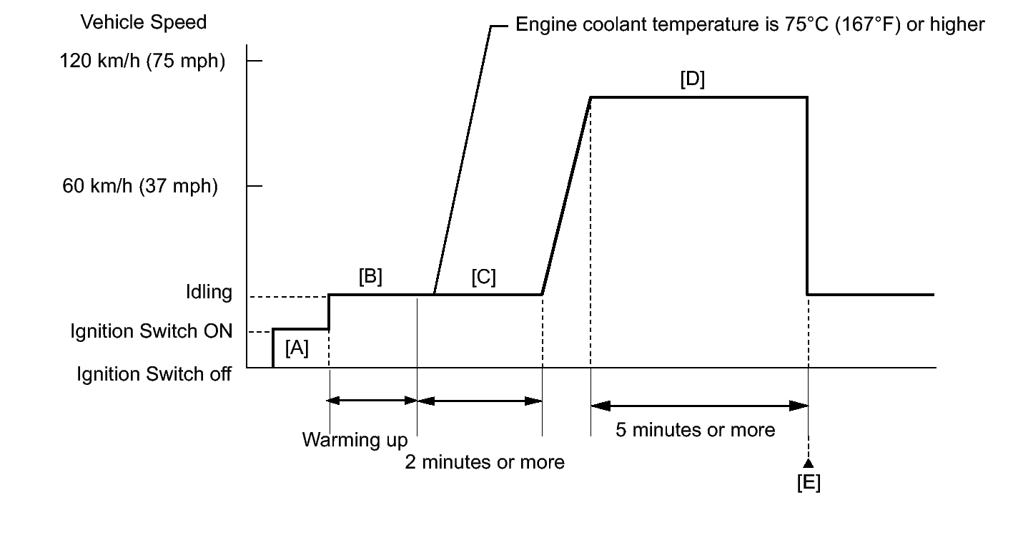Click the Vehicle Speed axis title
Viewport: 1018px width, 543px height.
144,22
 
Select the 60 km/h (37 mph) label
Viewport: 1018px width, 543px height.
140,187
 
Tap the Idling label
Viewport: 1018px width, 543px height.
207,293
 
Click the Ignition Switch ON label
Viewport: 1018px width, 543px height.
152,331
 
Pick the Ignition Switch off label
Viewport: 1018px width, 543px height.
154,373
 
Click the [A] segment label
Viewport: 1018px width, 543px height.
297,348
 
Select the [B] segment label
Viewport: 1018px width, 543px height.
370,277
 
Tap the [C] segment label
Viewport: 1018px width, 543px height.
483,277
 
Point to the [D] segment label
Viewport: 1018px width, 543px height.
692,79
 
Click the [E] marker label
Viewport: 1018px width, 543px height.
809,483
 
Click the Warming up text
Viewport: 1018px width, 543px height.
355,439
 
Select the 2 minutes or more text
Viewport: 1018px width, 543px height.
485,462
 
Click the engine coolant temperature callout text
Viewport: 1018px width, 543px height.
750,25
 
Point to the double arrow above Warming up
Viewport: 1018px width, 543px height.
372,401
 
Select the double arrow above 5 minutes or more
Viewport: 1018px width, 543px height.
699,406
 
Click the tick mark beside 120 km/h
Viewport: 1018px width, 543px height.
254,62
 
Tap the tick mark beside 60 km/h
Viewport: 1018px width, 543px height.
254,186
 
